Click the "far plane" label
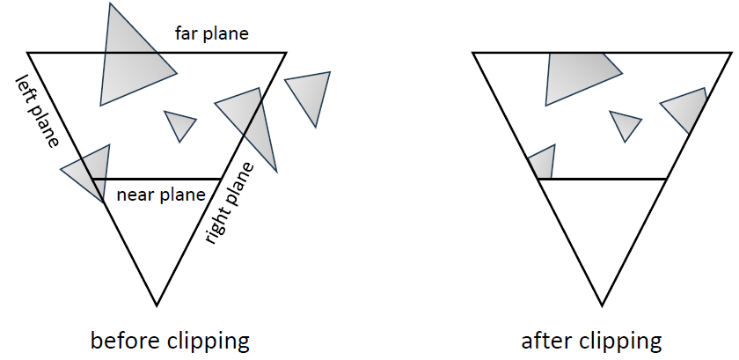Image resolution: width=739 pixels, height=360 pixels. click(212, 34)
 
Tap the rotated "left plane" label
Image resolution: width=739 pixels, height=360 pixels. click(39, 109)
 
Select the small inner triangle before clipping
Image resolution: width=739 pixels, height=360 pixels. click(179, 124)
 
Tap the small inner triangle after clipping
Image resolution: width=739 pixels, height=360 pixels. click(625, 124)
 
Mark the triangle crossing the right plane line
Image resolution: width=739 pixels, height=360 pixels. click(250, 123)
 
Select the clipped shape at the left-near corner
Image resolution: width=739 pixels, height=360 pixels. click(544, 165)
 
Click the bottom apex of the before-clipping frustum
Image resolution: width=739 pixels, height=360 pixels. click(157, 305)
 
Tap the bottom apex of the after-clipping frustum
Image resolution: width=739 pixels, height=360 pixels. click(603, 305)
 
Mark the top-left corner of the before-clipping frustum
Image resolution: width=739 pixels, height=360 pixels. click(28, 53)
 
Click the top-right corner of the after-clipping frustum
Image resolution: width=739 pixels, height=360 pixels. click(732, 53)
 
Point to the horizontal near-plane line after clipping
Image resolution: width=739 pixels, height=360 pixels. click(602, 179)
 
